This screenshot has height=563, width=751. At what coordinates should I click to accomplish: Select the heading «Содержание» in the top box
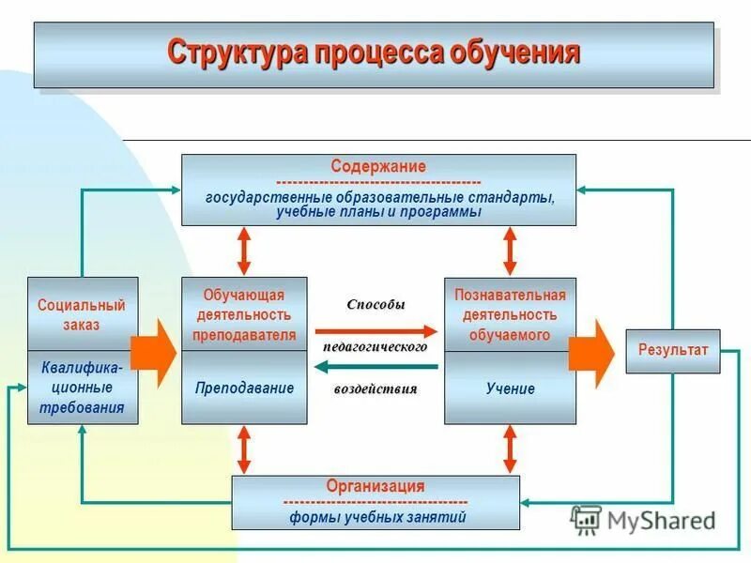378,166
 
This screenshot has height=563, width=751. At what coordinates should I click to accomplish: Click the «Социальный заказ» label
82,314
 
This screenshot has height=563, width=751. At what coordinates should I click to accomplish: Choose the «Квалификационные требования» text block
82,388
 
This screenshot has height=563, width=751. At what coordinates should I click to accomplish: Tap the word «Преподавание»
244,388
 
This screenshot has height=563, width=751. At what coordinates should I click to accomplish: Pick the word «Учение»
510,388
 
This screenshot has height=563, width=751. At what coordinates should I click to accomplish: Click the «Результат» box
672,350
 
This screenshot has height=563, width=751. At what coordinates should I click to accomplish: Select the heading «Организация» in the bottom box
375,486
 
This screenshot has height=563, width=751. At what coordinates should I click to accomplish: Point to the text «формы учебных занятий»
376,516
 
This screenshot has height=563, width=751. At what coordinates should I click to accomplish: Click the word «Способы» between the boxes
375,305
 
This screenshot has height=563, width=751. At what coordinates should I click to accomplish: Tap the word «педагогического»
375,346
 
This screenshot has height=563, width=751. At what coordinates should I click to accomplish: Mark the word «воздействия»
375,389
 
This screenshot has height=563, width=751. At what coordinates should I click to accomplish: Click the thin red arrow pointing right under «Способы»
375,330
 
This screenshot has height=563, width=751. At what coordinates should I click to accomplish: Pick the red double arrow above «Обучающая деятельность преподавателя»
244,251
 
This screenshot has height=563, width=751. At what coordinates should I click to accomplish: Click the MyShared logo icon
586,519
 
